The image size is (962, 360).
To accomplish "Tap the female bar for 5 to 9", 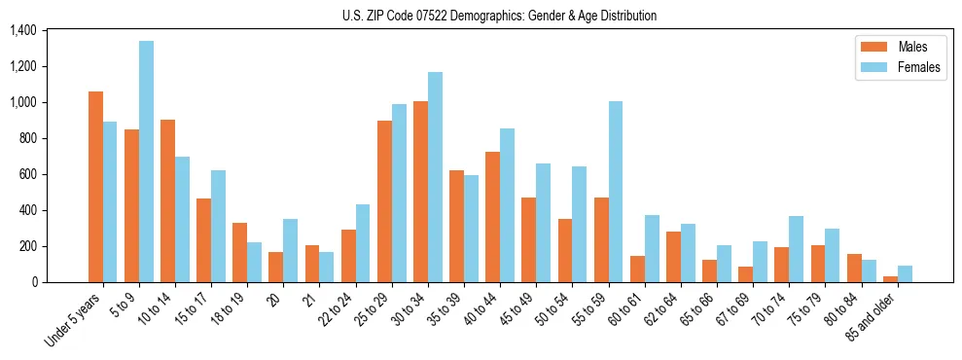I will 146,162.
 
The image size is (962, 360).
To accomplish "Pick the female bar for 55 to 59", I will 616,192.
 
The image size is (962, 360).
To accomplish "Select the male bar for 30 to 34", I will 420,192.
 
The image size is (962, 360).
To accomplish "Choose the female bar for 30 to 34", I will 435,177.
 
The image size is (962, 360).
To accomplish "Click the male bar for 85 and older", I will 890,279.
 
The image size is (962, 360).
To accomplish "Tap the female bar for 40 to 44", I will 507,205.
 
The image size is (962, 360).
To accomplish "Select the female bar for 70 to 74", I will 796,249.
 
